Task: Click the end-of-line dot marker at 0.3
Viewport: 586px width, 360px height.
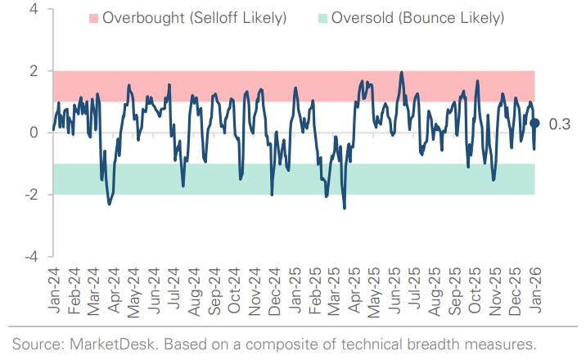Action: (x=534, y=123)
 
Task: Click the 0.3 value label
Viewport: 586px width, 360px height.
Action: (x=561, y=124)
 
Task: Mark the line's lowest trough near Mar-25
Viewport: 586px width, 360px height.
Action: (x=344, y=208)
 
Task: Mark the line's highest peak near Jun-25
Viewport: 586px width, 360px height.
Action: (x=402, y=72)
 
